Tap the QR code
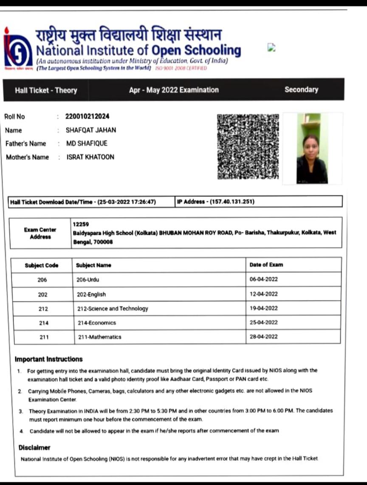point(248,146)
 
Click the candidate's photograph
point(312,148)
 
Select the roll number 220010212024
point(87,117)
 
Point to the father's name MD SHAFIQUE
point(87,143)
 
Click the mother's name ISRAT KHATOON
point(90,157)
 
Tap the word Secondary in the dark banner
point(301,89)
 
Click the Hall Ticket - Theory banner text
point(46,90)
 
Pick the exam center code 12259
point(81,224)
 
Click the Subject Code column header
point(42,265)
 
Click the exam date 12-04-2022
point(263,294)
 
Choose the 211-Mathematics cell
point(99,337)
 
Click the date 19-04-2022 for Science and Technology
point(263,308)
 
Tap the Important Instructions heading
point(48,359)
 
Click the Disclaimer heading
point(34,448)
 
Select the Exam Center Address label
point(40,233)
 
